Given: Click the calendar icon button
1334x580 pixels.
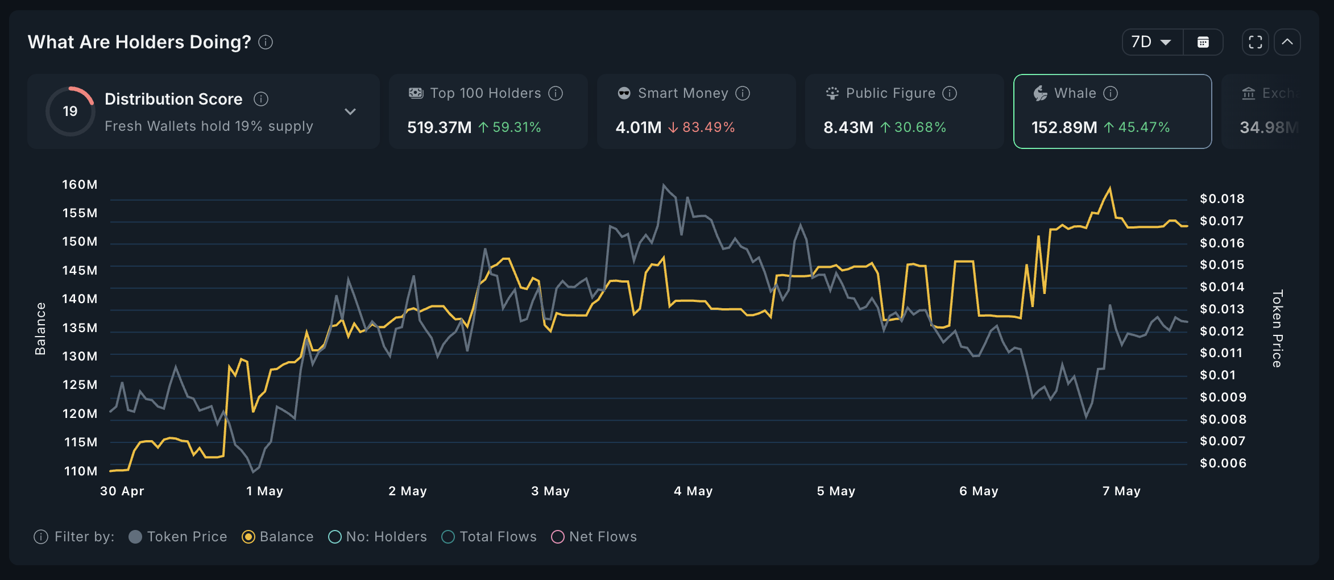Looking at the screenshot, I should [x=1203, y=42].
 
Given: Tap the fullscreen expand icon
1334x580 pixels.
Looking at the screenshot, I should [x=1255, y=42].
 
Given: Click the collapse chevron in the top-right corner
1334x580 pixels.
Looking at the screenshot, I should [x=1287, y=42].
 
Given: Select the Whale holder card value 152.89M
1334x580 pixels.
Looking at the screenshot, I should [x=1064, y=127].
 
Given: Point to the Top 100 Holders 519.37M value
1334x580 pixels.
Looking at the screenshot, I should [x=439, y=127].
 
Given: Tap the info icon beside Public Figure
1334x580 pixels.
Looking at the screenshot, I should [x=950, y=93].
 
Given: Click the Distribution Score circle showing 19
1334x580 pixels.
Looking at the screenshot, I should [x=70, y=111].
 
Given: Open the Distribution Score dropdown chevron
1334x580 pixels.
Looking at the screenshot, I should [x=350, y=111].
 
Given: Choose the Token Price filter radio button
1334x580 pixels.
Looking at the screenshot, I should [x=135, y=537].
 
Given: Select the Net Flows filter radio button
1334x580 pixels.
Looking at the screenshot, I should [x=558, y=537].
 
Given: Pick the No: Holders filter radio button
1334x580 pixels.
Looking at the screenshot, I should [x=335, y=537].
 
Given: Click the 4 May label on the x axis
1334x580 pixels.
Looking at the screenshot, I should [x=693, y=491].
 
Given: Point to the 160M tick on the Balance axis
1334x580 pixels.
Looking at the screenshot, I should [x=80, y=184].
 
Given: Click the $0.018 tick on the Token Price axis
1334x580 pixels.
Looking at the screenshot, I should [x=1222, y=198].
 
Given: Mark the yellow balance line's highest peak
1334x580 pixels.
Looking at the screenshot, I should [x=1110, y=188].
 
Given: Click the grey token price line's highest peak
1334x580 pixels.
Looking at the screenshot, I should [x=663, y=185].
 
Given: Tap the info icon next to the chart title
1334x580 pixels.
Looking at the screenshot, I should [x=266, y=42].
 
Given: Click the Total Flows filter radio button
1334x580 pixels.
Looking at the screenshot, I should [x=448, y=537].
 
